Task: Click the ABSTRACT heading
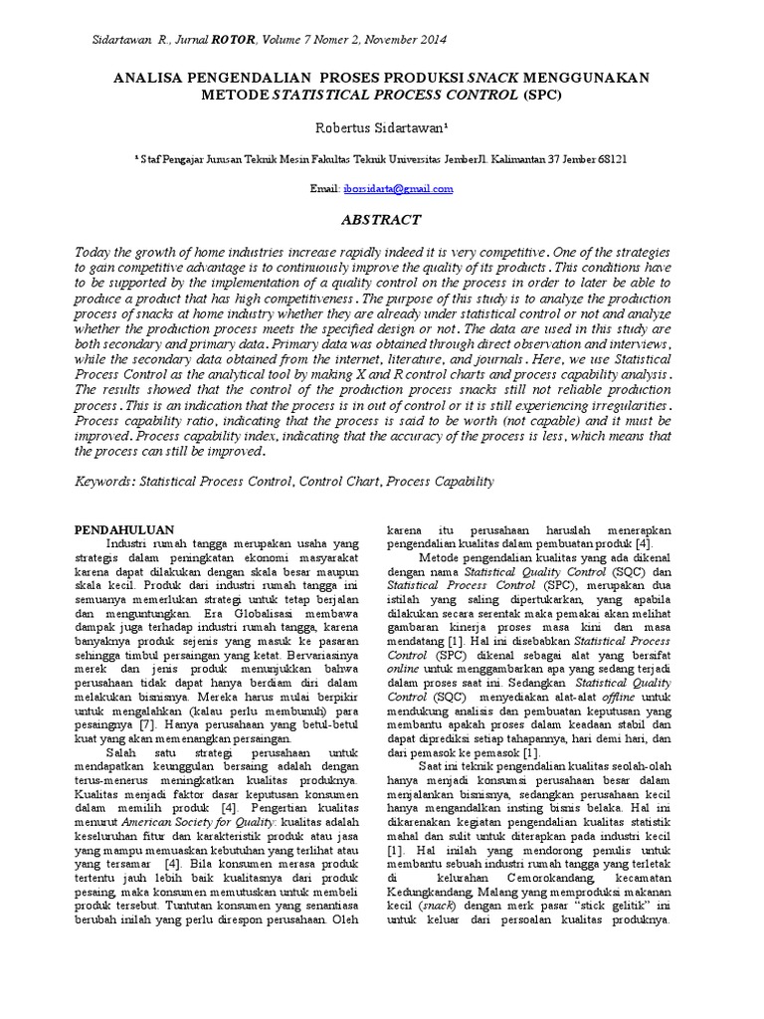(x=382, y=220)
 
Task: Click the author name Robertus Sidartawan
(x=382, y=128)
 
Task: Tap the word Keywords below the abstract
(x=106, y=481)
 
